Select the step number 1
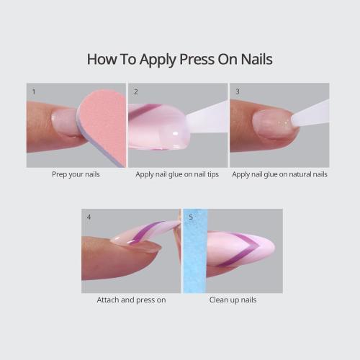tap(34, 92)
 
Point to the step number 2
tap(135, 92)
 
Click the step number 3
tap(237, 92)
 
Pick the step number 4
tap(89, 217)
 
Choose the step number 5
tap(191, 217)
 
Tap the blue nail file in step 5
tap(195, 252)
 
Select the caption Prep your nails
tap(76, 174)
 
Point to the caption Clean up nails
tap(233, 300)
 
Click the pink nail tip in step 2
tap(158, 126)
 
